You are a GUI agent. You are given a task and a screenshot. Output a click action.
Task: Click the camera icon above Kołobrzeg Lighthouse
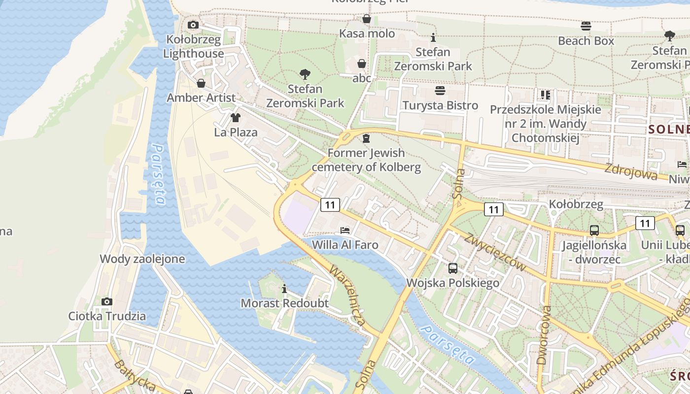click(193, 25)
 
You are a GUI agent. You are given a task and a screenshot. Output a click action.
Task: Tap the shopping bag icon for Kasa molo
click(367, 19)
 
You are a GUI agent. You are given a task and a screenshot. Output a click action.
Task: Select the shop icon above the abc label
click(362, 64)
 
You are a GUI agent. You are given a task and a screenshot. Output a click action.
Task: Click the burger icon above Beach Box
click(586, 26)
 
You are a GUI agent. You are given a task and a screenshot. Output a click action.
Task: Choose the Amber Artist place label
click(201, 98)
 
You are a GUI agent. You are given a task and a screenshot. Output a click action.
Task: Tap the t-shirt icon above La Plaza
click(236, 117)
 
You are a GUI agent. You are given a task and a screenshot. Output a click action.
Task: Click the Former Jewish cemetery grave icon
click(366, 138)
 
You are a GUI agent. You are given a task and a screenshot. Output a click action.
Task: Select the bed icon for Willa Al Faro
click(345, 230)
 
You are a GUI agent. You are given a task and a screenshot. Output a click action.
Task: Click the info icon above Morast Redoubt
click(284, 289)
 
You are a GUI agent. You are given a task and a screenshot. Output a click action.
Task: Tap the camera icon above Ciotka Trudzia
click(107, 301)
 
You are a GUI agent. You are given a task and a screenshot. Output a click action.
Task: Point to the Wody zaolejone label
click(142, 259)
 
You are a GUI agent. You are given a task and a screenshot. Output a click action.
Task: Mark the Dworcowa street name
click(544, 335)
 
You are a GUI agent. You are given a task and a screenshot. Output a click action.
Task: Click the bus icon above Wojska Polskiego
click(453, 268)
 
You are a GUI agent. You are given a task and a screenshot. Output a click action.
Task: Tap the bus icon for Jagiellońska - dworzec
click(594, 230)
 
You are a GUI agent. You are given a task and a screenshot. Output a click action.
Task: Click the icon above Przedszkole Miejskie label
click(545, 95)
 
